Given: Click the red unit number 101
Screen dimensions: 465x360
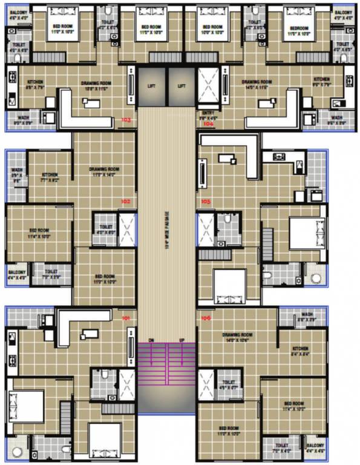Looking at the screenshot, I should [126, 318].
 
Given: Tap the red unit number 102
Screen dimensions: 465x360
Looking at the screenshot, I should [126, 200].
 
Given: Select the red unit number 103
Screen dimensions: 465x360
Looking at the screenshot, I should [126, 120].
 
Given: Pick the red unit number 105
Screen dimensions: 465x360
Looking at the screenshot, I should [206, 201].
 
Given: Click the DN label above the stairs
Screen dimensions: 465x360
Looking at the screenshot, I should [151, 340].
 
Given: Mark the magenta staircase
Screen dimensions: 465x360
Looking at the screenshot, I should [166, 364].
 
